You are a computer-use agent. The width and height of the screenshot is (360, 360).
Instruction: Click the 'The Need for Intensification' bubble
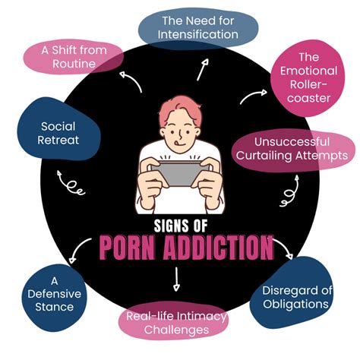pos(198,27)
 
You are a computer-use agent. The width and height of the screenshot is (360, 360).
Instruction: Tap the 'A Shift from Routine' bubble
pos(73,57)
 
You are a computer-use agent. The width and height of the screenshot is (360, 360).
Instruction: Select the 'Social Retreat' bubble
pos(58,130)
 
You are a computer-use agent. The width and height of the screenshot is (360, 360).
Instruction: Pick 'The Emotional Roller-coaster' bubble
pos(308,78)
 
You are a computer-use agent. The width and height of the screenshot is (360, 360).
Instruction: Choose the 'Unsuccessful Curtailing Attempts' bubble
pos(294,150)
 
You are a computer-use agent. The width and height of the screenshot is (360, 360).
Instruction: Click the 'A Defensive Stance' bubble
pos(54,297)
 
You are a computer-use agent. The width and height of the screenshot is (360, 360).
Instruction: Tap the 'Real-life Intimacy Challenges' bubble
pos(174,321)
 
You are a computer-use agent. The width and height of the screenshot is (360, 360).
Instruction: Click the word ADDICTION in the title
pos(218,248)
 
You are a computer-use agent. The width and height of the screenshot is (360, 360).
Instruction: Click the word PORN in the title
pos(127,248)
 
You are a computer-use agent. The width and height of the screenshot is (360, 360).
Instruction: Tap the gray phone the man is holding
pos(179,173)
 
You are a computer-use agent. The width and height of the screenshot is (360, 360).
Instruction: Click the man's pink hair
pos(181,109)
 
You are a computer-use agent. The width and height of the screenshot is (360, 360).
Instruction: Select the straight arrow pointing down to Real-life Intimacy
pos(176,279)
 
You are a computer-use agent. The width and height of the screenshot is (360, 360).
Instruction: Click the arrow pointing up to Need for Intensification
pos(203,70)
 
